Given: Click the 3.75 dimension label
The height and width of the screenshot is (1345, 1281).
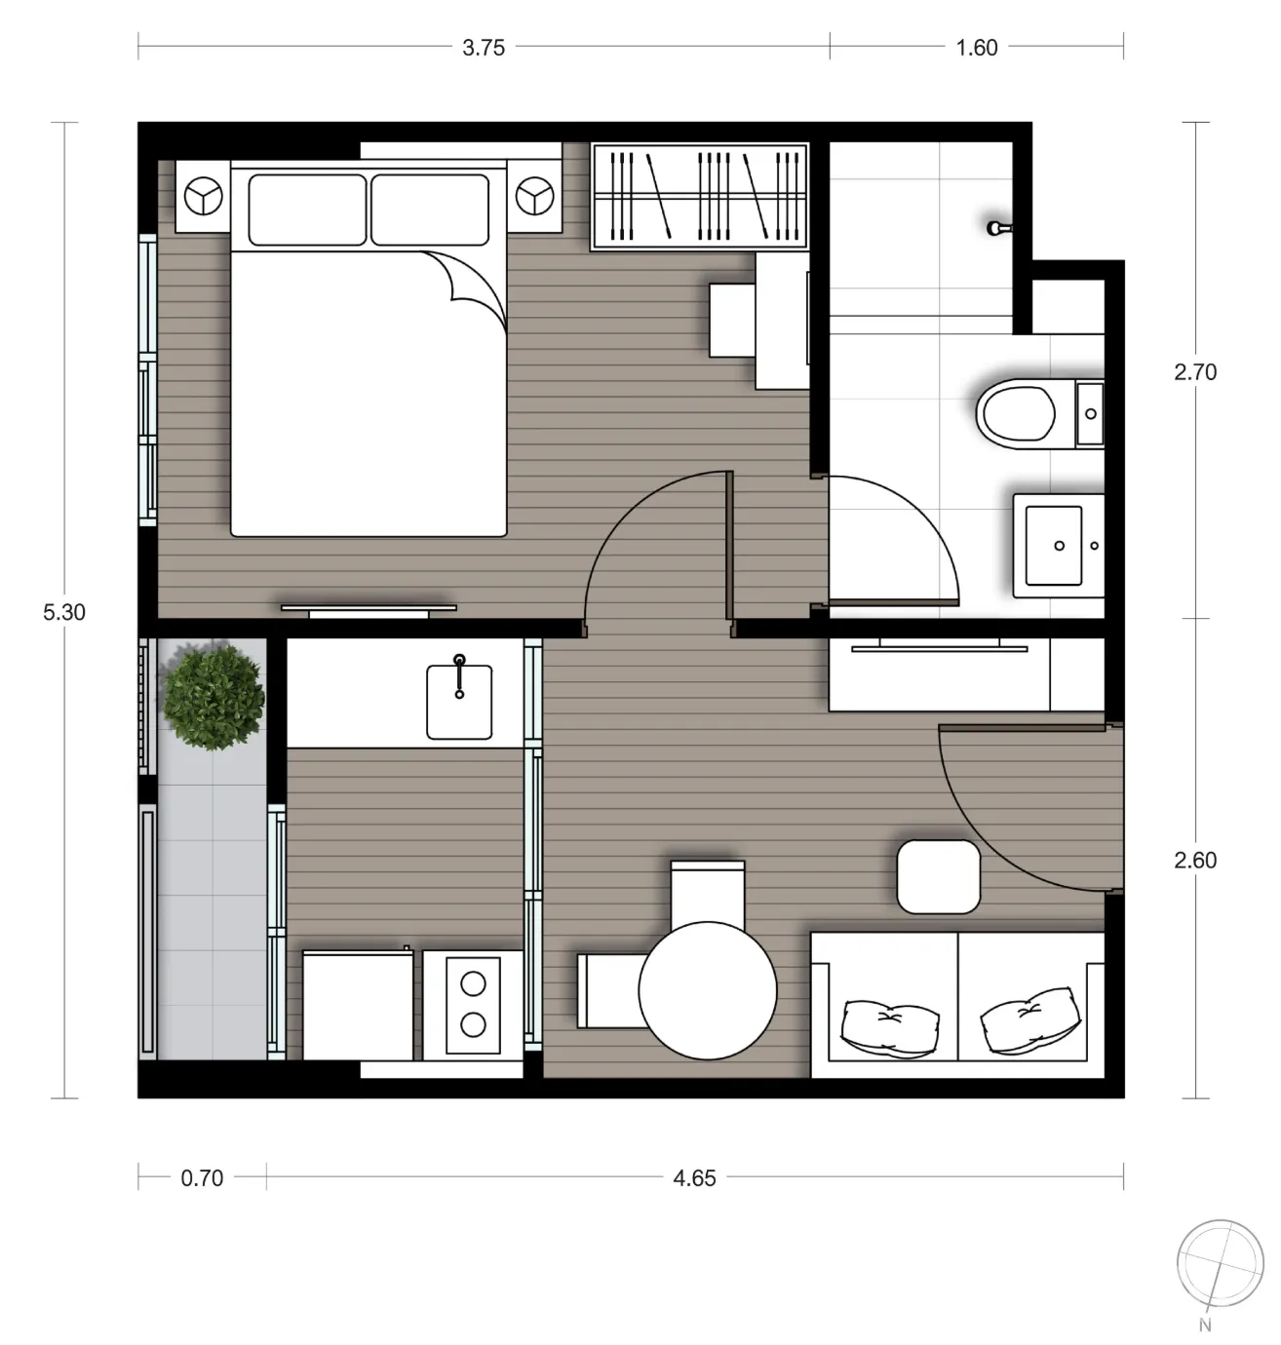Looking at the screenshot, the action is click(x=484, y=48).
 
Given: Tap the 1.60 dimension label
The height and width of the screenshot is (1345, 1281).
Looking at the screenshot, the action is click(x=977, y=48).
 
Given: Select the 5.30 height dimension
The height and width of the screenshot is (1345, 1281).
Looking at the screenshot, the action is click(x=64, y=612).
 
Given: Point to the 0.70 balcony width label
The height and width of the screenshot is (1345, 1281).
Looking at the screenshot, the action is click(x=202, y=1178).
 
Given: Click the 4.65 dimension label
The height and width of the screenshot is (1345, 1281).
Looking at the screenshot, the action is click(x=694, y=1178).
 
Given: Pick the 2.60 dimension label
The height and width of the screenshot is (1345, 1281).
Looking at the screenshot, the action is click(x=1195, y=860).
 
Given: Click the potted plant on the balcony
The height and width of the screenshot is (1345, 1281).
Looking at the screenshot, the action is click(x=213, y=697).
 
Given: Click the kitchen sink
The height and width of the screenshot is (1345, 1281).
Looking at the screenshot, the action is click(x=459, y=702).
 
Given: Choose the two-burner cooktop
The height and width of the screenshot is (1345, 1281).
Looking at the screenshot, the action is click(x=473, y=1004).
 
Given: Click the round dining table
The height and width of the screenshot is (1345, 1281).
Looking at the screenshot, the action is click(x=708, y=990).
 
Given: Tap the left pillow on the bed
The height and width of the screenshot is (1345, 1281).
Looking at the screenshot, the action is click(x=307, y=210).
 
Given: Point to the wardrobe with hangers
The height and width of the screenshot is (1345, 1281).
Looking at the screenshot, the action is click(x=700, y=196).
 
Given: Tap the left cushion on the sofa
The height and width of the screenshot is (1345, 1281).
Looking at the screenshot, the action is click(x=889, y=1028).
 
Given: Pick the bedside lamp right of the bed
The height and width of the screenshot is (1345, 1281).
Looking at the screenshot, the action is click(x=534, y=196).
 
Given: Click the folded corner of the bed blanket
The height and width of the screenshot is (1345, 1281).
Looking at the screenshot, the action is click(x=469, y=288).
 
